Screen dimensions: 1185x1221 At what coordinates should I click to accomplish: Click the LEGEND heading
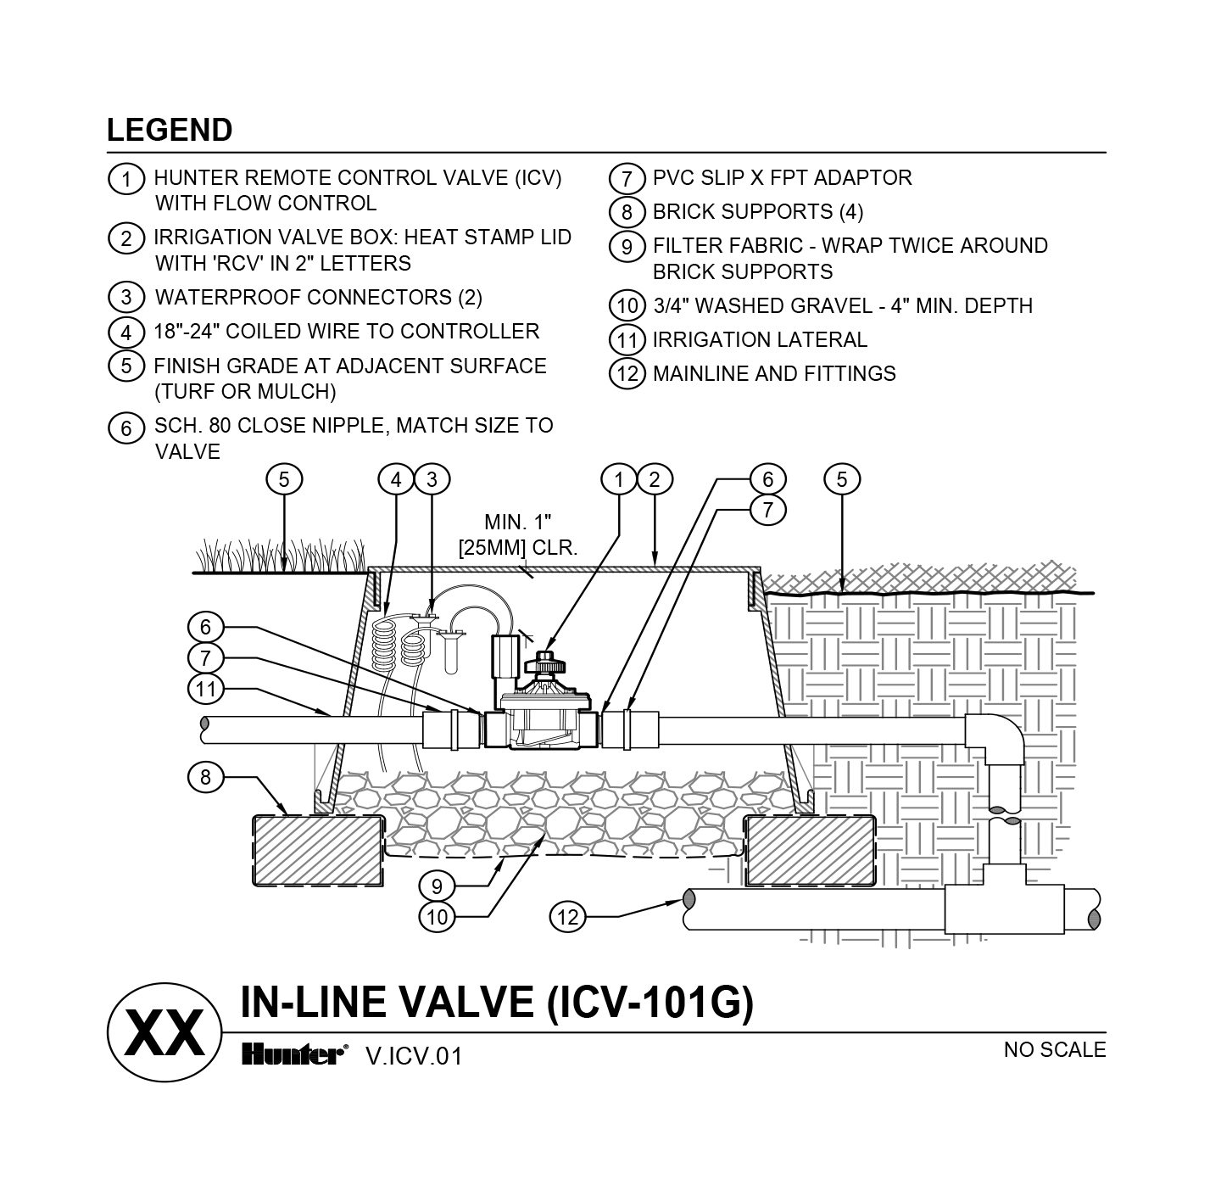click(x=170, y=131)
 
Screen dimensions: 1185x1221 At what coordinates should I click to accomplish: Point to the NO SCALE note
click(x=1054, y=1050)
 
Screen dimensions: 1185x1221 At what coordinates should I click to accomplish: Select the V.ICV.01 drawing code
click(x=414, y=1056)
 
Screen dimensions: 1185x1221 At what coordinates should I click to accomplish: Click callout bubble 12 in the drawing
click(x=567, y=916)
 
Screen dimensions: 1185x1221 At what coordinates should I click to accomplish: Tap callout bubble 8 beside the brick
click(x=205, y=777)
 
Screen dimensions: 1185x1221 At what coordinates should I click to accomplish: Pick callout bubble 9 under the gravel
click(x=437, y=886)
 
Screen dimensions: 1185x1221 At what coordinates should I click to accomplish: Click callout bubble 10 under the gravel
click(x=437, y=917)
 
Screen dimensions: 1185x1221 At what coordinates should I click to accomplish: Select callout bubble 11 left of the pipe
click(x=205, y=689)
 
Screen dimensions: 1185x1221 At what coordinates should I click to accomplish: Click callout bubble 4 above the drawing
click(x=396, y=479)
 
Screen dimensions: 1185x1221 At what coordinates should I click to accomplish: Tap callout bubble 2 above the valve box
click(x=655, y=479)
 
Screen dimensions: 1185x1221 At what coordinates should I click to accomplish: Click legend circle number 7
click(x=627, y=179)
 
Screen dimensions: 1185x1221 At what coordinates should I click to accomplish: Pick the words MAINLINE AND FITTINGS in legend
click(x=773, y=374)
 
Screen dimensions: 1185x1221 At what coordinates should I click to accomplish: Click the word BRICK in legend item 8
click(x=689, y=212)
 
